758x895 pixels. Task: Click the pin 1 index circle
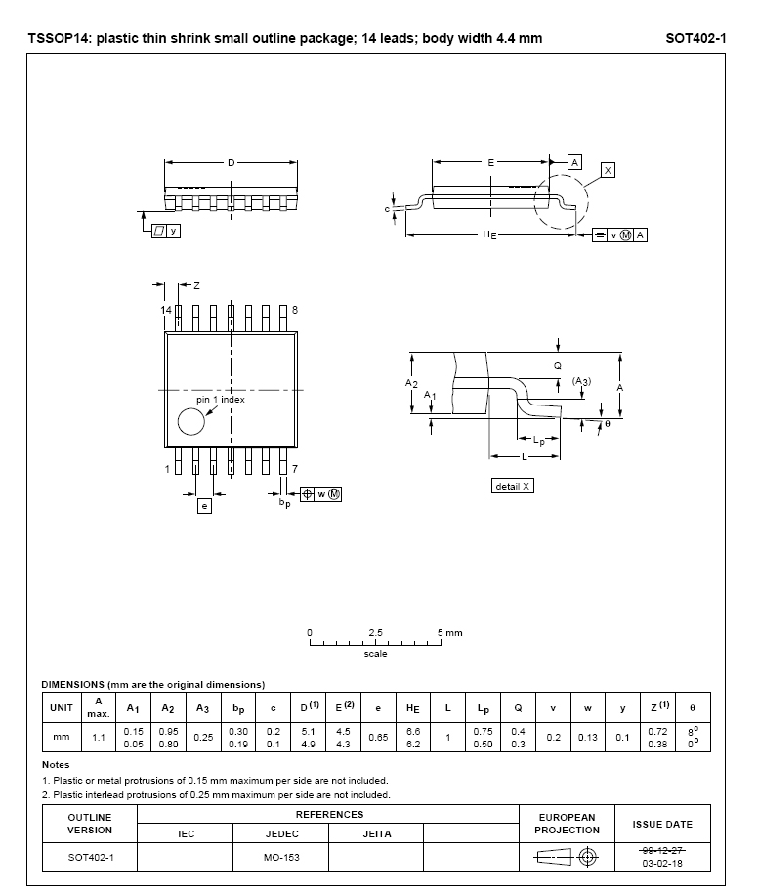coord(191,422)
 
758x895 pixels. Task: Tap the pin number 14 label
coord(166,309)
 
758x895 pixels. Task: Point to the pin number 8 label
coord(294,309)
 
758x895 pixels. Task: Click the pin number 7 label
coord(294,469)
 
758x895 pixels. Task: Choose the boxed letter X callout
coord(608,170)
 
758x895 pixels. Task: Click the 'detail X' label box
coord(512,486)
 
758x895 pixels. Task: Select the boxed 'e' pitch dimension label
coord(204,505)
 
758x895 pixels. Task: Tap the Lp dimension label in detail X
coord(539,441)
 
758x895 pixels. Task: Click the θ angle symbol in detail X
coord(607,424)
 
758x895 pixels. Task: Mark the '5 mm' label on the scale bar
coord(449,632)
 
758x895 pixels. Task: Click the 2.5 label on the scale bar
coord(376,632)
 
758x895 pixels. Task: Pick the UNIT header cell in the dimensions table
coord(62,708)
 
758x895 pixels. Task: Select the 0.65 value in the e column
coord(378,738)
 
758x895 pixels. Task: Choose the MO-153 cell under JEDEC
coord(280,857)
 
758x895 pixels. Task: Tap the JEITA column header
coord(376,834)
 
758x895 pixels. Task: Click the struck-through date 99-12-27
coord(661,851)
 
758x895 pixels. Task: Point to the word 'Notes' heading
coord(56,764)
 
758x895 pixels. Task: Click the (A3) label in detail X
coord(581,380)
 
